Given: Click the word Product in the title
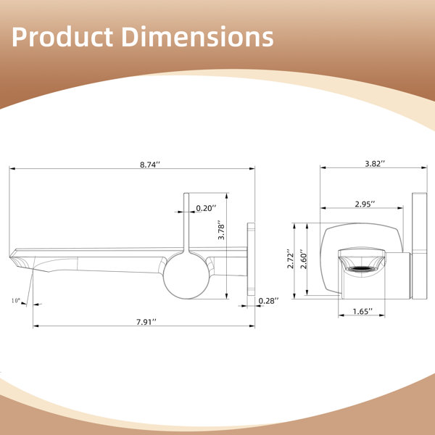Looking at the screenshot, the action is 62,37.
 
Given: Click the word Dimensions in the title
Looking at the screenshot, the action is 197,37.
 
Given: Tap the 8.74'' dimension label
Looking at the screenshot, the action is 150,165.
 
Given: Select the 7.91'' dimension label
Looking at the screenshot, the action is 146,322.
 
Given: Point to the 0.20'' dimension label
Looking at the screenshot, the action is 206,208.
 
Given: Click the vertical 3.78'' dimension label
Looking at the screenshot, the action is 221,230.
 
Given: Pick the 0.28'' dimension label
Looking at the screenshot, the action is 268,301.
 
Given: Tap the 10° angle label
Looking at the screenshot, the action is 16,300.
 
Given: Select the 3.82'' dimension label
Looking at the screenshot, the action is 375,164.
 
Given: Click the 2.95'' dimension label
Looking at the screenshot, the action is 365,204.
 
